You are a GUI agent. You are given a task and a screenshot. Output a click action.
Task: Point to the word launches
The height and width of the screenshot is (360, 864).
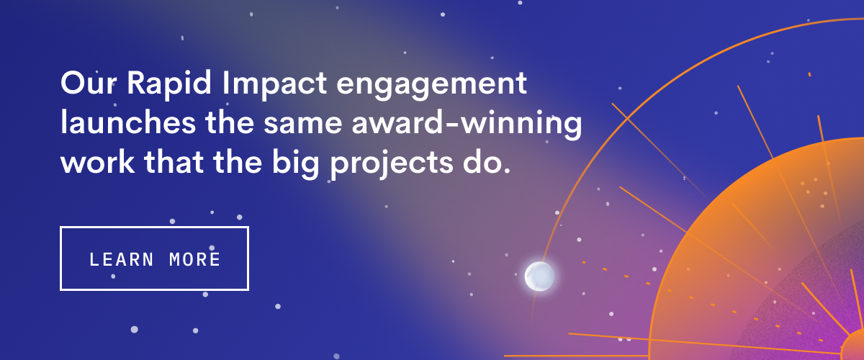[128, 122]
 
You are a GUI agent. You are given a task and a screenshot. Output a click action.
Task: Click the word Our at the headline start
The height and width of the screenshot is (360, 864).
[89, 83]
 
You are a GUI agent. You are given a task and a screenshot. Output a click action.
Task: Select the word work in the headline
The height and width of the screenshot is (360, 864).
[98, 161]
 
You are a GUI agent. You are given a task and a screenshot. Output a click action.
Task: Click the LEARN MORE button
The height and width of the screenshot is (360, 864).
[154, 258]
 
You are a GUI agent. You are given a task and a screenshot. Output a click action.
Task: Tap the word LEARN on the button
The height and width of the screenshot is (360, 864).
[122, 259]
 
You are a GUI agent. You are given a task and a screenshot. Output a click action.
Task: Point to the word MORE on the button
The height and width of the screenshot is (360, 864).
[195, 259]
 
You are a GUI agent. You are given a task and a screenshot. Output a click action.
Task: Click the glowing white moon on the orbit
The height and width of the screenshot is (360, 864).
[539, 276]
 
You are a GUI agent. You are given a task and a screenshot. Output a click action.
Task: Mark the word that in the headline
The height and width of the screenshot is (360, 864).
[174, 161]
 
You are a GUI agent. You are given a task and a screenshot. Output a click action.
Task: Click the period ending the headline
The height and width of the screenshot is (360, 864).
[507, 170]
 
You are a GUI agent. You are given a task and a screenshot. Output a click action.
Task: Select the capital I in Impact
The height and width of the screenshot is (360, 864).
[225, 83]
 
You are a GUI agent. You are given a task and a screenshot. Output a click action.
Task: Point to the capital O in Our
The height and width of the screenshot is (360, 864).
[73, 83]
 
